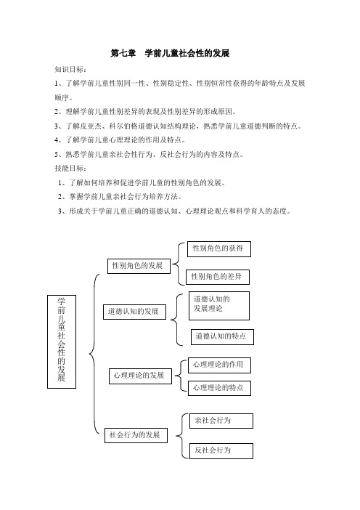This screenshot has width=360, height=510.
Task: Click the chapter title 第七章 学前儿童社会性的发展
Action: point(171,53)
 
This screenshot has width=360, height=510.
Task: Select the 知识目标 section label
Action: point(70,69)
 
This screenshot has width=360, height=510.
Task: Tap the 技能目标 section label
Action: point(70,168)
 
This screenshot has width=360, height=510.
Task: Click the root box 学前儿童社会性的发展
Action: point(62,341)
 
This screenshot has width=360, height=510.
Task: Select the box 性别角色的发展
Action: point(139,266)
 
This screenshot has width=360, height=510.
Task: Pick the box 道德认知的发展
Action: point(134,312)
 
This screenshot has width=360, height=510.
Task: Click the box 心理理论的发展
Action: point(140,376)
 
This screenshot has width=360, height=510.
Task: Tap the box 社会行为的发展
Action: point(136,435)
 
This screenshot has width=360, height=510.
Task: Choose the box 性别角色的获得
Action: point(219,249)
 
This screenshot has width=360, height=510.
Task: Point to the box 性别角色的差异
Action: point(218,277)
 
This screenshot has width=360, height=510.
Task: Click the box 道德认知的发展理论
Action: point(219,306)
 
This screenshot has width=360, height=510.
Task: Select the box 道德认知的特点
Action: point(222,336)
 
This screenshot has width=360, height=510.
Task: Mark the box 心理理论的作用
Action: point(219,365)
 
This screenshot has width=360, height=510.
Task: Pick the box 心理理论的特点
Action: point(219,388)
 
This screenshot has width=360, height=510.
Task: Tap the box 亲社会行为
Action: point(221,421)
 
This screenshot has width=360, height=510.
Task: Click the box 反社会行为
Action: point(221,451)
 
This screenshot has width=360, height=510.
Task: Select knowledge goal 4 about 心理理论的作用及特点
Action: point(120,140)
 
